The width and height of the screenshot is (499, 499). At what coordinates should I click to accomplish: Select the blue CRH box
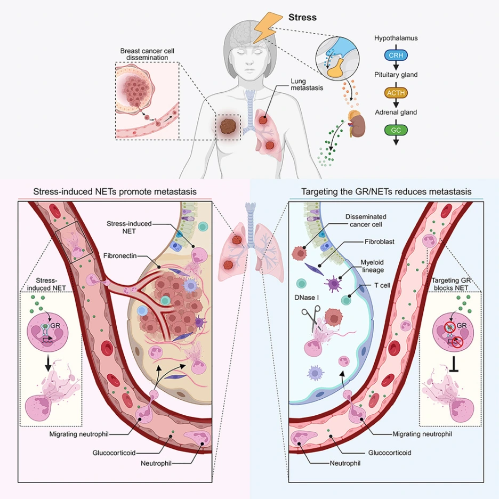tap(396, 55)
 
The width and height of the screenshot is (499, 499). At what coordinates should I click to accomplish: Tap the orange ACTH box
tap(396, 93)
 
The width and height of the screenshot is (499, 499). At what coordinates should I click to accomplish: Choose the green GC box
tap(396, 130)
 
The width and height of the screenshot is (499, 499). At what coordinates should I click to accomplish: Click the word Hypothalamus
tap(396, 38)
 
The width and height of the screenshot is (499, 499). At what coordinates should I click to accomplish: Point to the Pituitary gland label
tap(396, 75)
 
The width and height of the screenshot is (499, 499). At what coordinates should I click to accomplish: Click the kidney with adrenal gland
tap(356, 124)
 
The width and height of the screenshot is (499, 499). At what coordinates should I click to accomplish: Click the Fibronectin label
tap(119, 255)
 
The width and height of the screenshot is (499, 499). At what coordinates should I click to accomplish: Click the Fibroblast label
tap(380, 242)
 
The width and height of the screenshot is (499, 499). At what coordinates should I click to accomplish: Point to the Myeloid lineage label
tap(372, 266)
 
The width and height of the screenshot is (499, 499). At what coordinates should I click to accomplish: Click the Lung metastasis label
tap(307, 84)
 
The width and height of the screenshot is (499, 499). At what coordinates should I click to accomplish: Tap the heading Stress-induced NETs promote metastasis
tap(115, 191)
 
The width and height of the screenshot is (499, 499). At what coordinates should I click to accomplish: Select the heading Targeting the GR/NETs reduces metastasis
tap(387, 191)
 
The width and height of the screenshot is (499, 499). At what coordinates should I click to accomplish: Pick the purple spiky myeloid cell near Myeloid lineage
tap(333, 284)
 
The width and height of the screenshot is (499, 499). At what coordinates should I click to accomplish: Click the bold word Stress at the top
tap(302, 17)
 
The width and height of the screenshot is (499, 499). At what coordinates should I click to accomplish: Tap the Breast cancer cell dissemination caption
tap(147, 54)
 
